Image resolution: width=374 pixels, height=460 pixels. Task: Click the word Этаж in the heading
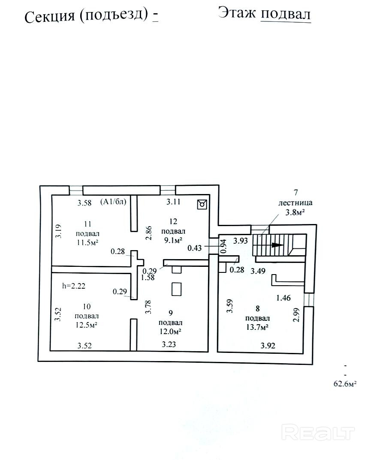point(237,13)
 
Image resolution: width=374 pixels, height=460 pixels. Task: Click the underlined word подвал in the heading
point(286,14)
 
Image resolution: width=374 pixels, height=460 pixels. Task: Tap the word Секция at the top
point(50,16)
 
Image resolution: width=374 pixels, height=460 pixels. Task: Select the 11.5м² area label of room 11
point(87,243)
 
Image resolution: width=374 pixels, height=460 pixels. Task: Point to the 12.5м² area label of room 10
point(86,326)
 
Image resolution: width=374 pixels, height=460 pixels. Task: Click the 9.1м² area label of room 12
point(173,240)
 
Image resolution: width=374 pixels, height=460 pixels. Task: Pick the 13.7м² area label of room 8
point(257,327)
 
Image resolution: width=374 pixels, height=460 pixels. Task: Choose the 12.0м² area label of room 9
point(170,332)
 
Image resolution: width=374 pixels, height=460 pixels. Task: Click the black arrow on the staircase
point(277,245)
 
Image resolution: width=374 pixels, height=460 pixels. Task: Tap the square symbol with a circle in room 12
point(202,203)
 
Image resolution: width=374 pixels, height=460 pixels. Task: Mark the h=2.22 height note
point(74,286)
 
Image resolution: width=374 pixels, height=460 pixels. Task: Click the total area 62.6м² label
point(345,384)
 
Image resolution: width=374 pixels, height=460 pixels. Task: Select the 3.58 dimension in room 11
point(84,203)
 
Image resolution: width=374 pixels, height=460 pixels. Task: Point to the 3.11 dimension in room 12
point(173,202)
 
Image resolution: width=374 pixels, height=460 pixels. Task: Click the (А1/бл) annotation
point(113,202)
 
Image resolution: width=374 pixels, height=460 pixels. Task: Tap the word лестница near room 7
point(295,203)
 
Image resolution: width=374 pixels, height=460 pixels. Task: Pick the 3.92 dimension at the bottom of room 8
point(268,346)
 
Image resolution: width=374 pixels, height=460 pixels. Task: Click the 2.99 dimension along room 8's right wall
point(296,315)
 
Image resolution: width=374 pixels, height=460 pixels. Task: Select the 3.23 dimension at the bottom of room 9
point(169,344)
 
